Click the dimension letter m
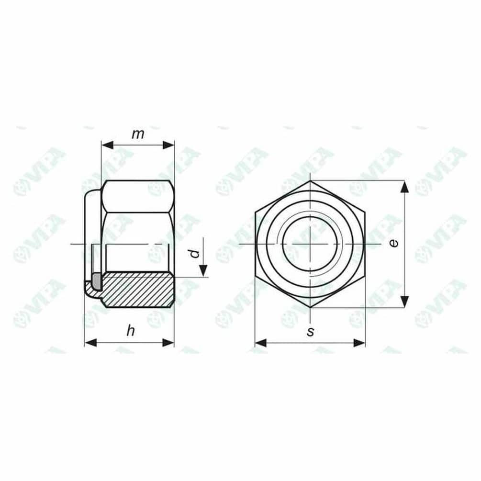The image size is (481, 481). tap(138, 134)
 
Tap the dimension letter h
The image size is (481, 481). tap(131, 331)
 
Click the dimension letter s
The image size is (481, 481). tap(311, 332)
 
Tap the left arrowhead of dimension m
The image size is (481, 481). tap(107, 145)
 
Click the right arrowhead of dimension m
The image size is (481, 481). tap(168, 145)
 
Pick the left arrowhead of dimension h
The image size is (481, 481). tap(90, 343)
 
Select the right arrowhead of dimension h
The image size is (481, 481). tap(168, 343)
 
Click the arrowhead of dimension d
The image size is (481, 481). tap(203, 271)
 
